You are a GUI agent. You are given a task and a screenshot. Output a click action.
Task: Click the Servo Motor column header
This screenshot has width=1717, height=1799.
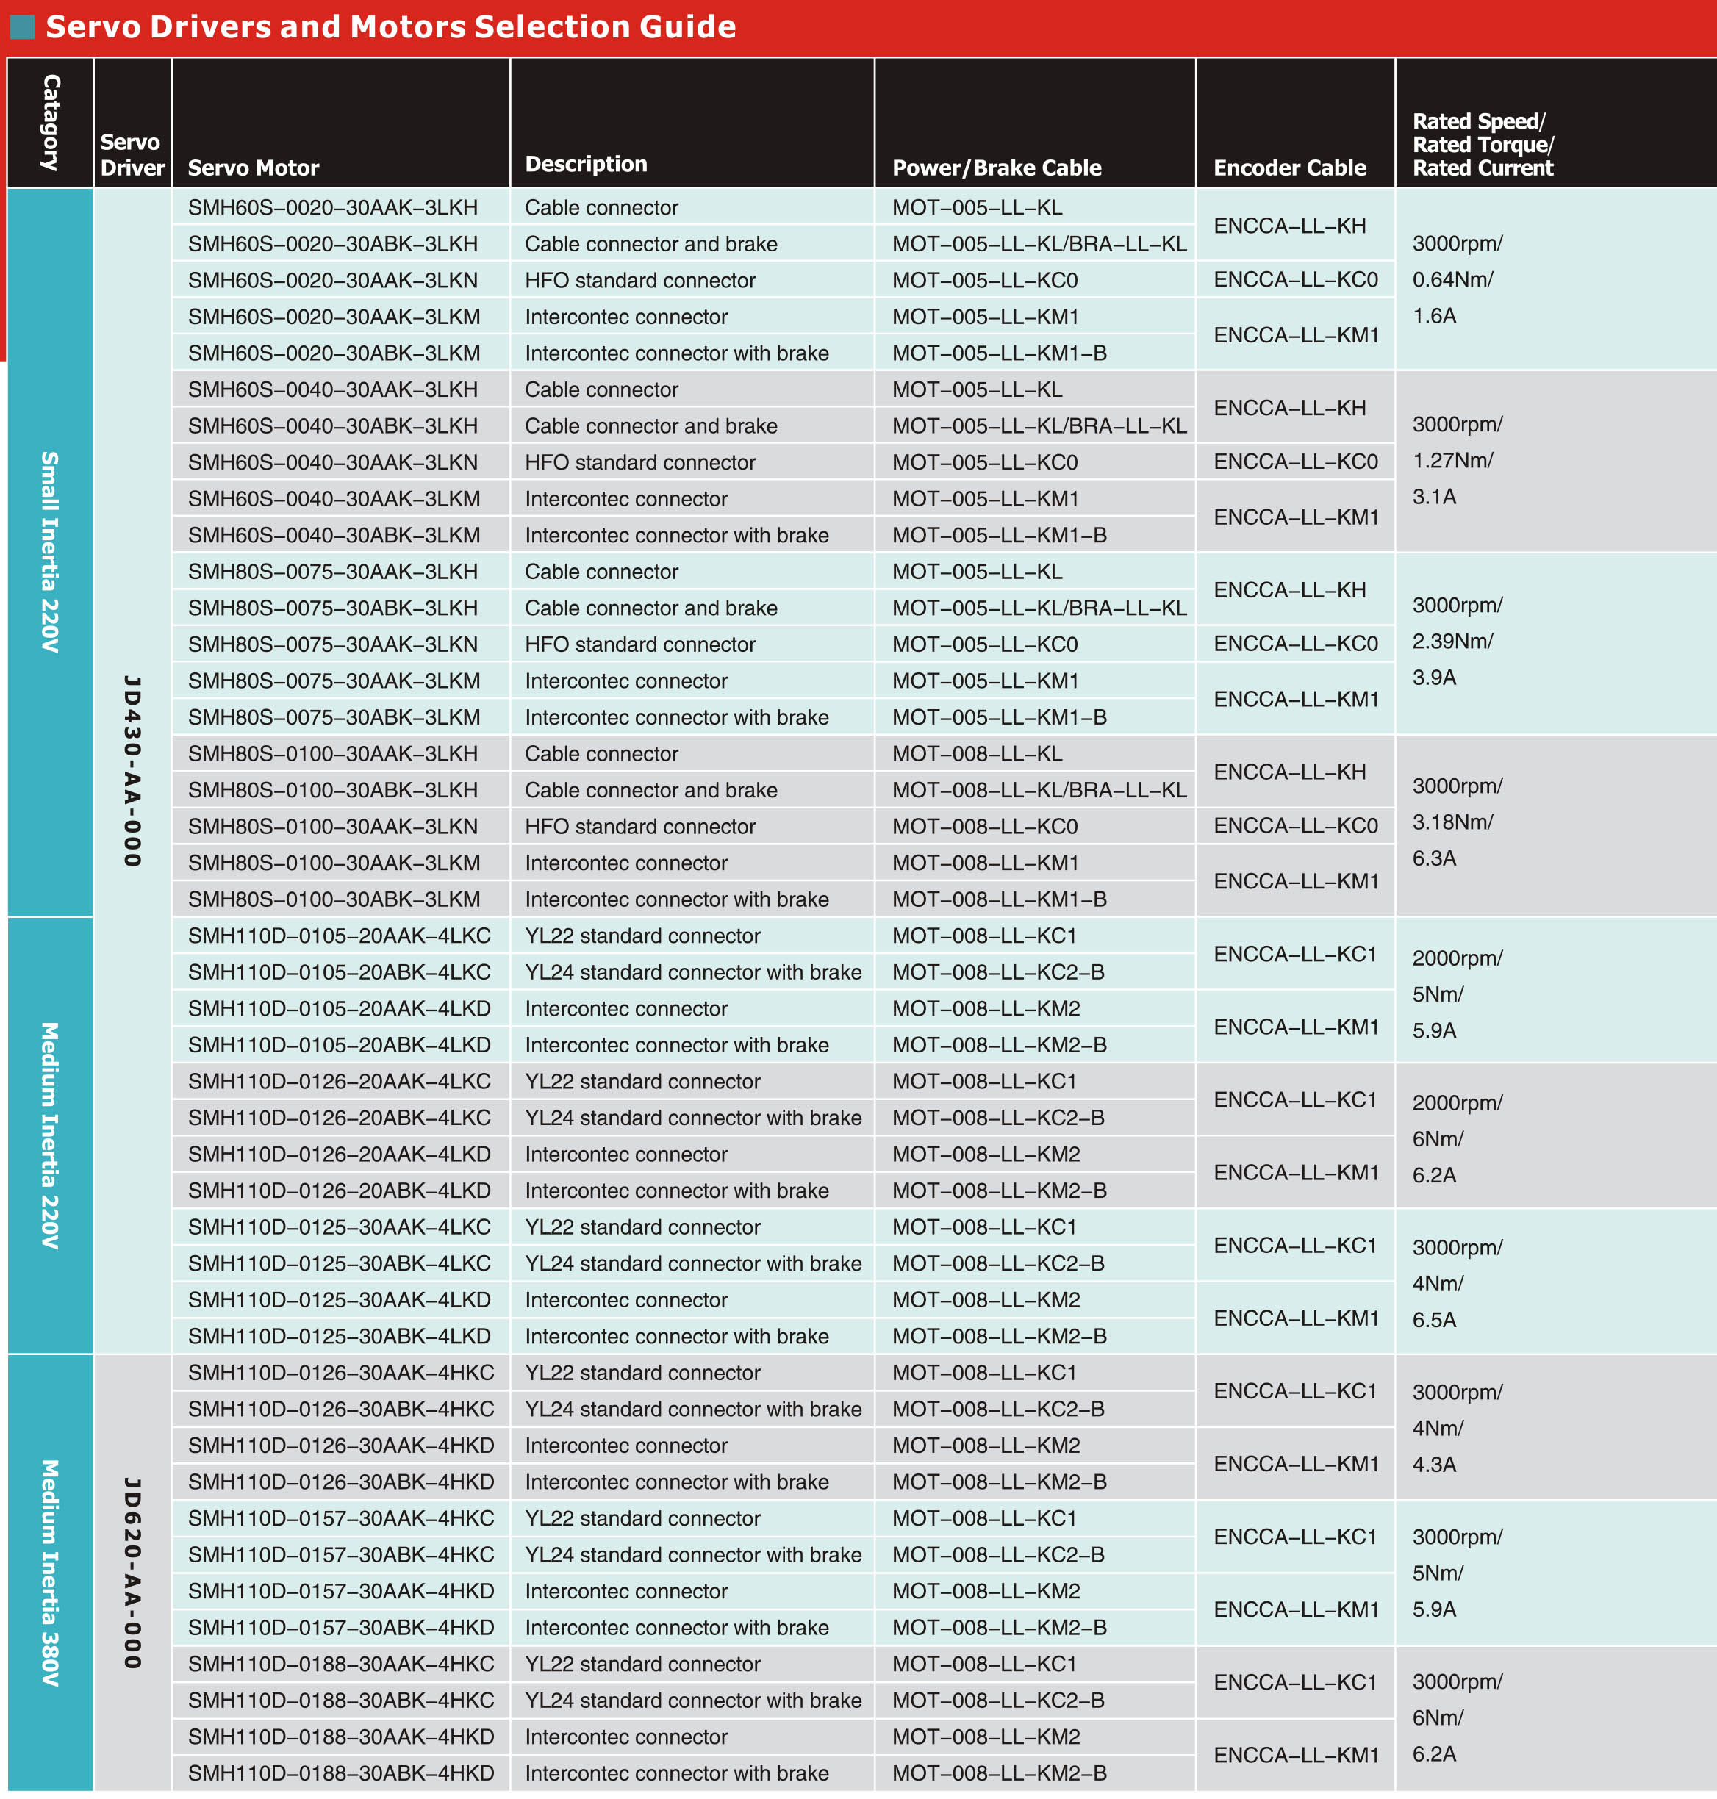point(254,168)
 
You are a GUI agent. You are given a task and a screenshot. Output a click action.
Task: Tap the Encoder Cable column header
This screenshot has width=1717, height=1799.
point(1288,168)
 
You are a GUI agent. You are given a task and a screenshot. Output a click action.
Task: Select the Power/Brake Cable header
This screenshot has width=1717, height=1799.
point(996,168)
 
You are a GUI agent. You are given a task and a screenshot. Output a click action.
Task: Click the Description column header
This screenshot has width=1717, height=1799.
point(586,164)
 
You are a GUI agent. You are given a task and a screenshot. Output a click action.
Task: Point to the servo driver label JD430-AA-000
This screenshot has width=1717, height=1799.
point(133,770)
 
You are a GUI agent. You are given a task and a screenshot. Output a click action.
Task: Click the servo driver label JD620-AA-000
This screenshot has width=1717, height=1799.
point(133,1572)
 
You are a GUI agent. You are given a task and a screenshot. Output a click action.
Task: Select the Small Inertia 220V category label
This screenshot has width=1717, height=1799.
point(50,551)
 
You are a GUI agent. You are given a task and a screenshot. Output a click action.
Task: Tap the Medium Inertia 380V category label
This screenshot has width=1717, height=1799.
point(50,1572)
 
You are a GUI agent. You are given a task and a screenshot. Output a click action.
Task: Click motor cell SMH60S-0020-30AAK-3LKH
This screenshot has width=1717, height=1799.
point(332,208)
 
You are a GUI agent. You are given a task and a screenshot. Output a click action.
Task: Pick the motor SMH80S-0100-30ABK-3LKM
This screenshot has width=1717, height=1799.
point(334,900)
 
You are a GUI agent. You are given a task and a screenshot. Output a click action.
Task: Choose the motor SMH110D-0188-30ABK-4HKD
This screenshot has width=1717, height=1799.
point(340,1773)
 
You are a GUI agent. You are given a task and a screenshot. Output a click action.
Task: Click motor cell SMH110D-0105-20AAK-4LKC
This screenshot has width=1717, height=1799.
point(339,936)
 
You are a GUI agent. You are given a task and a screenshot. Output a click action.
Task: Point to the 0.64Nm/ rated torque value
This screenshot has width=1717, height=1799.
point(1452,279)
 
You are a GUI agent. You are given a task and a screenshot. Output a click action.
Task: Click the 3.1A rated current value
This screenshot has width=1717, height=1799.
point(1433,497)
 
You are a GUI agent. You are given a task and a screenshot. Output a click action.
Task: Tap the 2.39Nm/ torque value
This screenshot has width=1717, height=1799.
point(1452,642)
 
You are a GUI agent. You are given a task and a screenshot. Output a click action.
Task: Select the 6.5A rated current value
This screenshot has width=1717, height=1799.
point(1433,1320)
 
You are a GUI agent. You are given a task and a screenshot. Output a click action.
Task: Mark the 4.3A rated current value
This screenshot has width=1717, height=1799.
point(1433,1464)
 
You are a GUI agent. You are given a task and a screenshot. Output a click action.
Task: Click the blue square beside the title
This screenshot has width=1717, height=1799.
point(22,26)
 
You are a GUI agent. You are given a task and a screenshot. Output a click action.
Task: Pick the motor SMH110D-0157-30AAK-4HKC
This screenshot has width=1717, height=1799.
point(340,1518)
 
